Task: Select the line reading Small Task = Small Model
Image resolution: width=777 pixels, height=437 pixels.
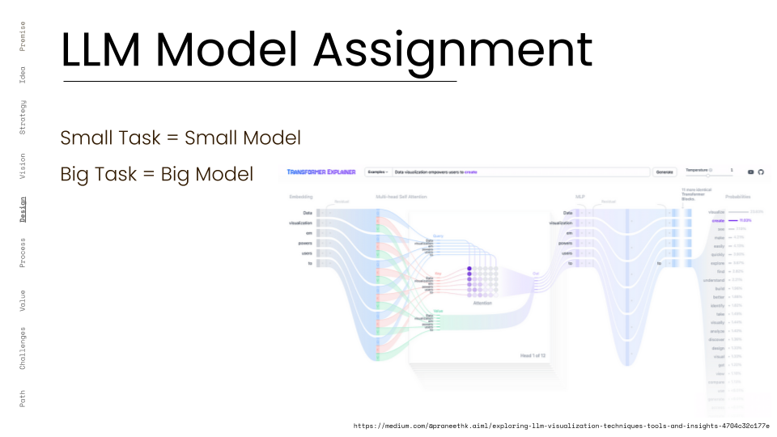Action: click(x=180, y=138)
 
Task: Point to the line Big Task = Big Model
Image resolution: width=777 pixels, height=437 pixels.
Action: click(x=156, y=174)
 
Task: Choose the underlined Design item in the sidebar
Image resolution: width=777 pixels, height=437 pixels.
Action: click(x=23, y=209)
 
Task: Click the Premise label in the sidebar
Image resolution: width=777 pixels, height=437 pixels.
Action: click(x=23, y=36)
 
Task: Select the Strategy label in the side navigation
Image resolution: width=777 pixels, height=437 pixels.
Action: click(x=23, y=117)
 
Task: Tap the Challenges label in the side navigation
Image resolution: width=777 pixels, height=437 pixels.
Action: click(x=23, y=348)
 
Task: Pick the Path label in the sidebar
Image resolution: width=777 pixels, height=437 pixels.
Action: click(x=23, y=398)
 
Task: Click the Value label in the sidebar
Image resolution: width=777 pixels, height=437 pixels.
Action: click(x=23, y=300)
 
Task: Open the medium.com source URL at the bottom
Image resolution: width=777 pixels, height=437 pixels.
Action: click(x=561, y=426)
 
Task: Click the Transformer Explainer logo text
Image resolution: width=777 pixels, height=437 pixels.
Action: click(x=323, y=172)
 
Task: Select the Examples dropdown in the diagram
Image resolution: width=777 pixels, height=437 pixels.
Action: click(x=377, y=172)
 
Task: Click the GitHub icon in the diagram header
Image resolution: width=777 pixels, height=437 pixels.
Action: click(x=761, y=172)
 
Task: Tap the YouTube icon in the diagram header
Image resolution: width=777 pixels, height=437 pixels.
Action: click(x=750, y=172)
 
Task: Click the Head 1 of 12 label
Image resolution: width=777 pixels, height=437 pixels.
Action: click(x=533, y=355)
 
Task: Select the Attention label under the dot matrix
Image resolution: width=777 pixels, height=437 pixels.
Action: click(x=482, y=303)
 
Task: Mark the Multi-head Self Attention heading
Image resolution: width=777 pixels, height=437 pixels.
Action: click(x=401, y=197)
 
